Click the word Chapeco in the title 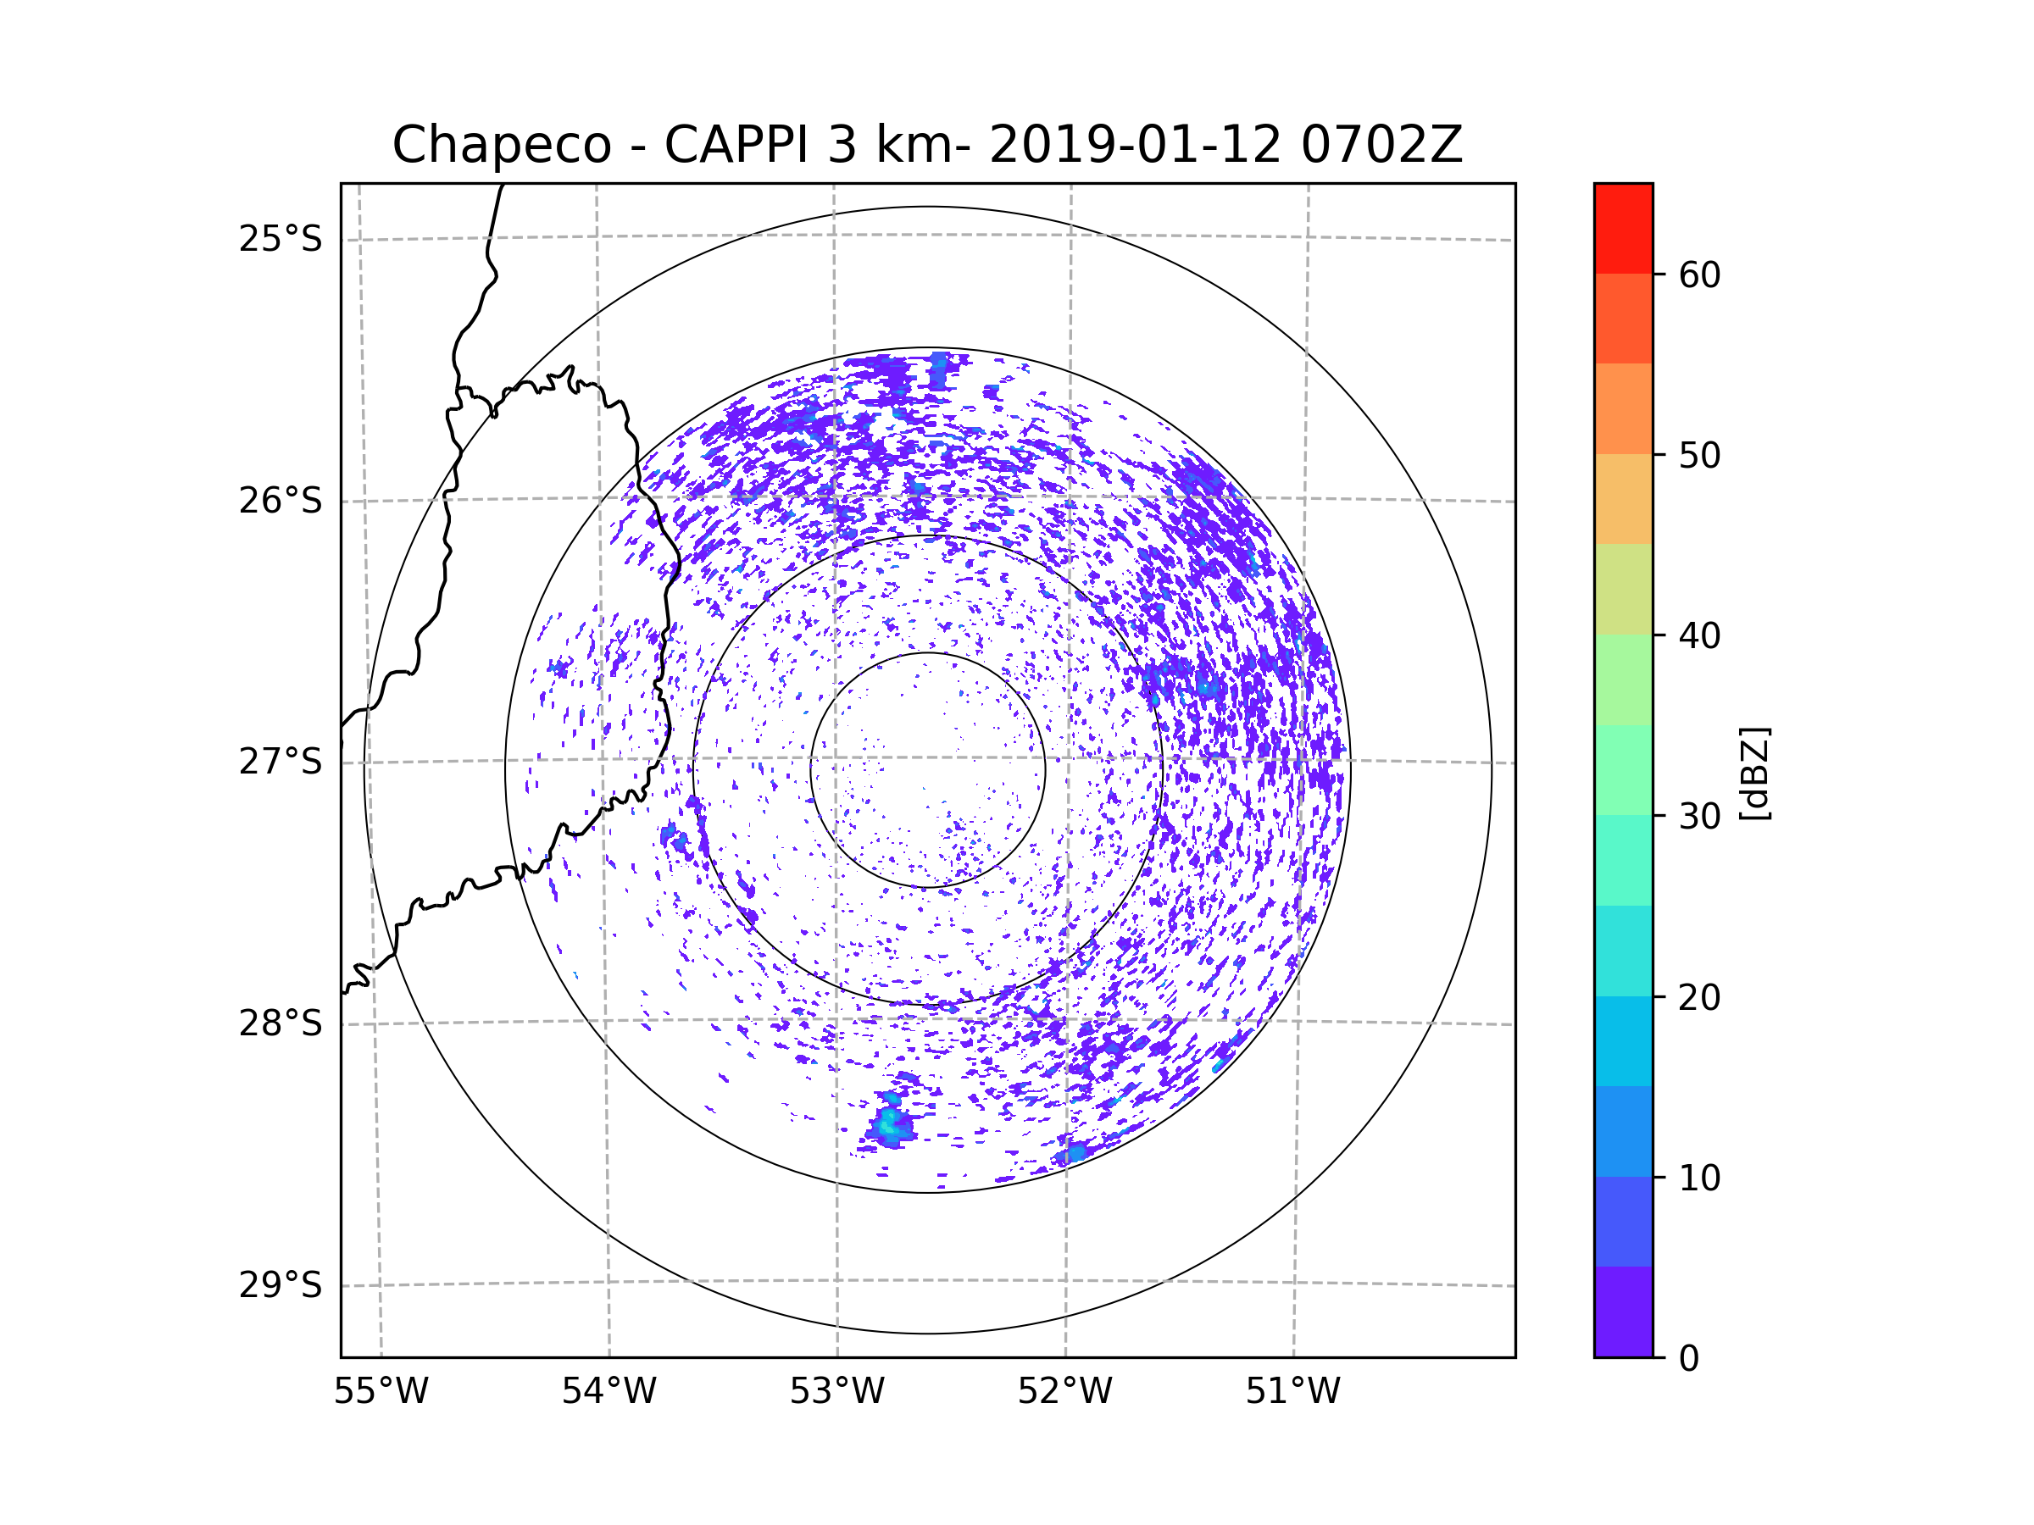[x=502, y=145]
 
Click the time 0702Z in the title [x=1381, y=144]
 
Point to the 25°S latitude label [x=281, y=239]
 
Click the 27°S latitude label [x=281, y=762]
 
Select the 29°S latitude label [x=281, y=1285]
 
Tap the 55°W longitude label [x=381, y=1392]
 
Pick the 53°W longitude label [x=836, y=1392]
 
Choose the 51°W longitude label [x=1292, y=1392]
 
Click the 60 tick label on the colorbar [x=1699, y=274]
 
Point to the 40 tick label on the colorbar [x=1699, y=636]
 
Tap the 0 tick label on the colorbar [x=1689, y=1359]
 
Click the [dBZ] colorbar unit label [x=1754, y=773]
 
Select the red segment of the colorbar [x=1623, y=228]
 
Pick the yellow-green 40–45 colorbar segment [x=1623, y=589]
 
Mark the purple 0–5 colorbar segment [x=1623, y=1311]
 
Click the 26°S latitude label [x=281, y=501]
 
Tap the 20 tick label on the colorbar [x=1699, y=997]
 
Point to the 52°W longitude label [x=1064, y=1392]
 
